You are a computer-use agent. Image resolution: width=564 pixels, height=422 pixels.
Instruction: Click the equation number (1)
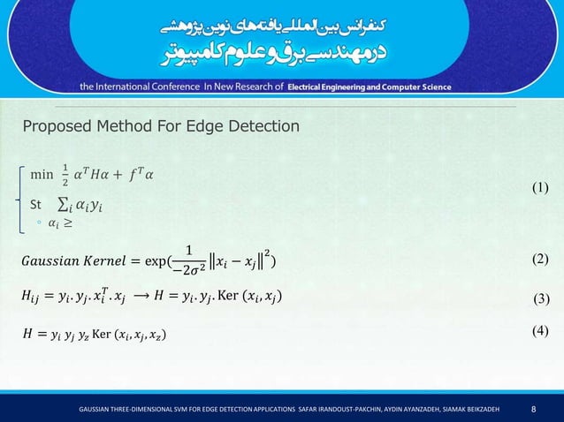[541, 188]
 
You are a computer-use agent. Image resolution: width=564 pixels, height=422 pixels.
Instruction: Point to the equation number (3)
[543, 298]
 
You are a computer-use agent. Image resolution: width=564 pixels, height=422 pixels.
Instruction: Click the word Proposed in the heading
[57, 127]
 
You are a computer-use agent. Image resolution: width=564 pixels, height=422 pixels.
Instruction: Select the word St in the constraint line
[36, 206]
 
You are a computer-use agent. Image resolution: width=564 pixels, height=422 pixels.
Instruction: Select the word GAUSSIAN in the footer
[96, 410]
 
